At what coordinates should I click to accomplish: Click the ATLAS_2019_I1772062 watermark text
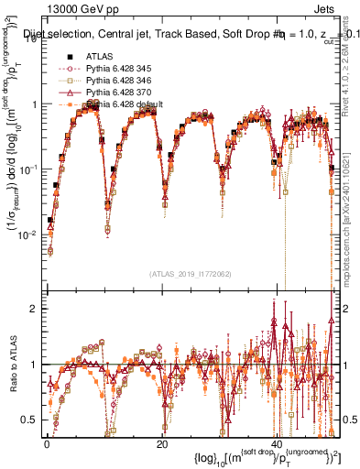[x=191, y=274]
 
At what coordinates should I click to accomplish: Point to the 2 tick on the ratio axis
[x=35, y=308]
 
